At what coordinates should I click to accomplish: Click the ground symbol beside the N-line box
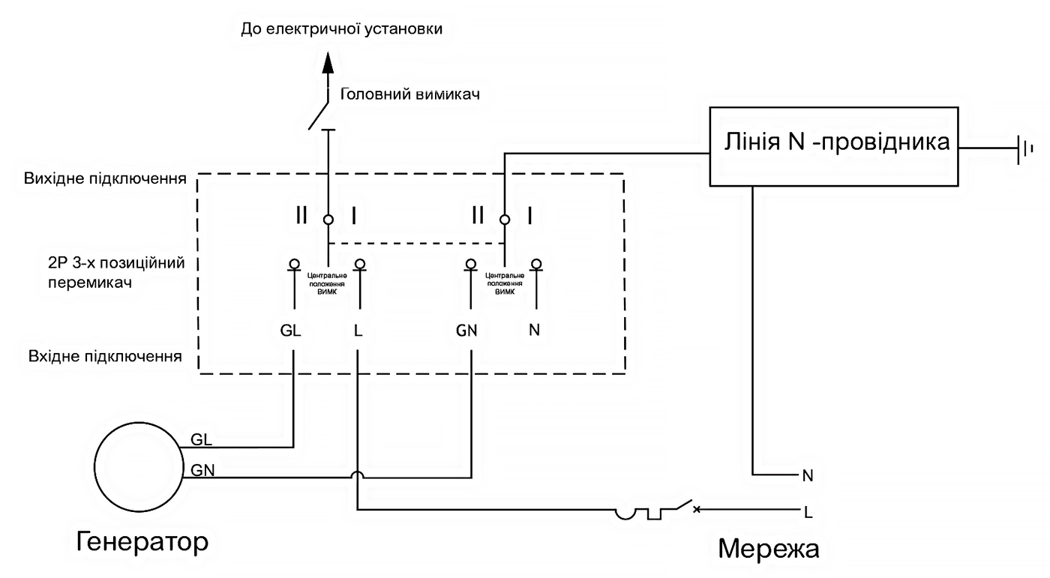click(x=1022, y=148)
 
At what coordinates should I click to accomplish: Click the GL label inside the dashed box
click(x=290, y=331)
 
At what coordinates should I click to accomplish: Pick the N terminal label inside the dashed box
click(x=534, y=331)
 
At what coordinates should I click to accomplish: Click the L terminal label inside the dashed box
click(x=358, y=331)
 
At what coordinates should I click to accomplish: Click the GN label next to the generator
click(x=202, y=471)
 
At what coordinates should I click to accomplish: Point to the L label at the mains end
click(x=808, y=514)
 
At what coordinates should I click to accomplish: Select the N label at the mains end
click(x=808, y=475)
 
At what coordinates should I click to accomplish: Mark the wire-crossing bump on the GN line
click(x=358, y=475)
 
